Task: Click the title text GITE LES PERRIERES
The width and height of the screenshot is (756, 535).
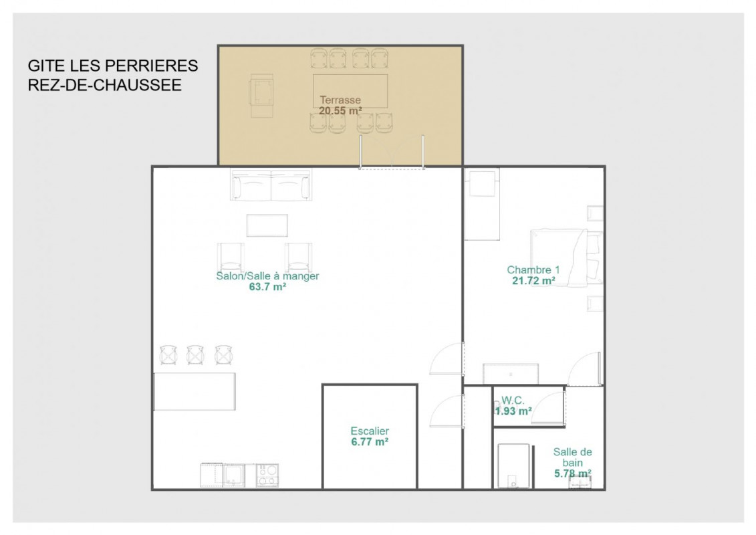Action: tap(113, 66)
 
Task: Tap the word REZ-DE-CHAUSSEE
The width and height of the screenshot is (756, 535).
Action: tap(105, 85)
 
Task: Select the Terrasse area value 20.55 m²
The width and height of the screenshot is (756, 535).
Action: tap(340, 111)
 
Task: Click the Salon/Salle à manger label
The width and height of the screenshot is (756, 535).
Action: tap(267, 276)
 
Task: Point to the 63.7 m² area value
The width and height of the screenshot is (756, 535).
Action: tap(267, 287)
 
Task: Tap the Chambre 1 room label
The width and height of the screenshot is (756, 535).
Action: tap(533, 270)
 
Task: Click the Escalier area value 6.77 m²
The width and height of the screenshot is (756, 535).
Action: tap(370, 442)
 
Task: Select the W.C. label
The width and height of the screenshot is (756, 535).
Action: tap(513, 401)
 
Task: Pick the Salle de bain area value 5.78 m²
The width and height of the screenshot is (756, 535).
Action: tap(573, 473)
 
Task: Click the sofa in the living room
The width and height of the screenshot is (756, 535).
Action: tap(271, 185)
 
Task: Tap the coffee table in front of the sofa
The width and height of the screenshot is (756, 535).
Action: tap(267, 225)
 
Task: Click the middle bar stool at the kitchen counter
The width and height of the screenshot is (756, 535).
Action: tap(195, 355)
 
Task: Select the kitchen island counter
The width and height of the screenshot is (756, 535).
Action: tap(195, 391)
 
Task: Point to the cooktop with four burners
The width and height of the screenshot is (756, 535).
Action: tap(267, 475)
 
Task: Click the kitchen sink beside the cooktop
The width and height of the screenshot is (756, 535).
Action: tap(234, 475)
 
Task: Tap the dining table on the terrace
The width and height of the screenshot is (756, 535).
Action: tap(350, 91)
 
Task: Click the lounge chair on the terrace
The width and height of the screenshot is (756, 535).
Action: tap(261, 96)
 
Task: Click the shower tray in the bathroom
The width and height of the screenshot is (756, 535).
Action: tap(513, 466)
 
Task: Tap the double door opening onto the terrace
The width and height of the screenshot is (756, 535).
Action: tap(392, 152)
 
